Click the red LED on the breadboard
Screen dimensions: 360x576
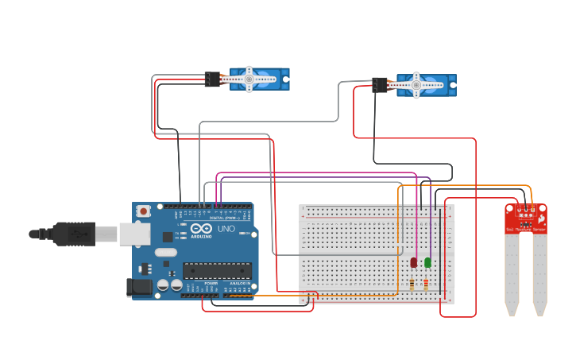pos(414,262)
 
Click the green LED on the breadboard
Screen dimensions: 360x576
pos(427,262)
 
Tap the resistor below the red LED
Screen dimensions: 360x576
pos(412,285)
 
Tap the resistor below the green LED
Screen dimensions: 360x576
pos(426,285)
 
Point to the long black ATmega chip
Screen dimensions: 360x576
pos(217,270)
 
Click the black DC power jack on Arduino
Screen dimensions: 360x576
pos(141,288)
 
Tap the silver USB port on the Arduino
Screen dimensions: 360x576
pos(134,234)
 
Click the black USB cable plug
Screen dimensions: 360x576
pos(75,234)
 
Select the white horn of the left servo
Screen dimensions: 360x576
pos(249,79)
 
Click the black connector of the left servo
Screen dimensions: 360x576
pos(212,79)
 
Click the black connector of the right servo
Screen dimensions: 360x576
pos(380,85)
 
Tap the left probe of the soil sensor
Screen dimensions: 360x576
pos(512,274)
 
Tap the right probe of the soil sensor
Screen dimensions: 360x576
pos(539,274)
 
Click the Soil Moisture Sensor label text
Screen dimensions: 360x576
pos(526,230)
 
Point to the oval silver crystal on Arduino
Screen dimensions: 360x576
pos(165,252)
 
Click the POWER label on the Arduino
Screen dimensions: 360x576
pos(211,283)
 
